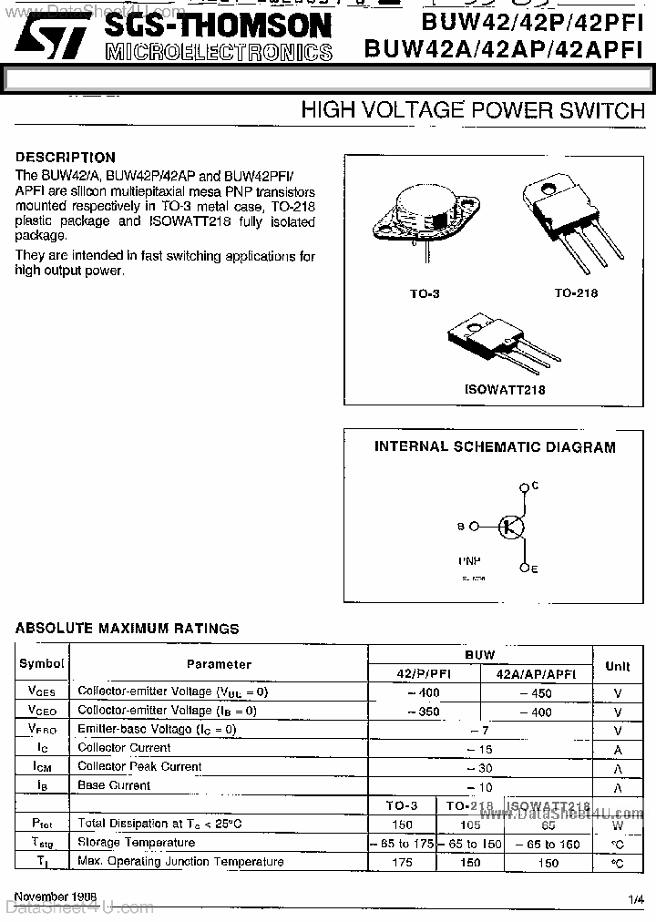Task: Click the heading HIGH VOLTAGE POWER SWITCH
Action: [x=472, y=111]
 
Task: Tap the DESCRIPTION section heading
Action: [x=66, y=157]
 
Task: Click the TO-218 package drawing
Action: [x=565, y=223]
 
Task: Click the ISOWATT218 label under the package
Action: [x=505, y=390]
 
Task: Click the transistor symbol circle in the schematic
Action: [x=512, y=527]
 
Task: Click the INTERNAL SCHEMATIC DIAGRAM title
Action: [x=495, y=447]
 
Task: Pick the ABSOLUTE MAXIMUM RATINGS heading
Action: [x=128, y=629]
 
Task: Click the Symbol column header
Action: [x=42, y=664]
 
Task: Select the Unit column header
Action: [x=617, y=666]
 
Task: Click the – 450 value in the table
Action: [x=536, y=692]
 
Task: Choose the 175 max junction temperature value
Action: [x=402, y=862]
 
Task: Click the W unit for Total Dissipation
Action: [x=617, y=825]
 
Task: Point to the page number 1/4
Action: [x=635, y=899]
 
